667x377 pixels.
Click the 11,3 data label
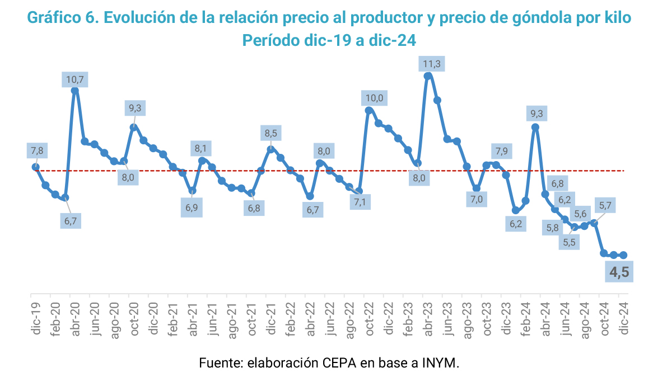tap(432, 64)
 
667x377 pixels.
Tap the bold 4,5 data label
tap(618, 273)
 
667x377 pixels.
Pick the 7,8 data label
tap(36, 150)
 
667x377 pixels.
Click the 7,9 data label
tap(501, 151)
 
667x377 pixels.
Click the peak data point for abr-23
tap(428, 76)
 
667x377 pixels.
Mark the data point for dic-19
tap(35, 167)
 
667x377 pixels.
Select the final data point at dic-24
tap(623, 255)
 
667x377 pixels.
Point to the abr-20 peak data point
tap(75, 90)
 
